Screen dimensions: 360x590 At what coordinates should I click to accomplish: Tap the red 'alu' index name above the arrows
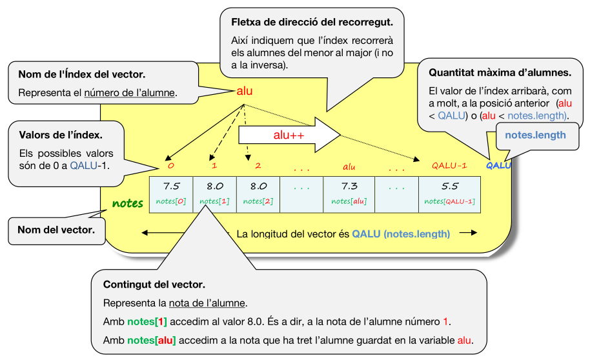(245, 91)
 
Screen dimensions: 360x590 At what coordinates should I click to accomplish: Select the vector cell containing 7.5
(171, 194)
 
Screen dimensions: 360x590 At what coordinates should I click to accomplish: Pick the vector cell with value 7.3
(349, 194)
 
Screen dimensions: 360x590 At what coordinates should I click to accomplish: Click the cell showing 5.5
(449, 194)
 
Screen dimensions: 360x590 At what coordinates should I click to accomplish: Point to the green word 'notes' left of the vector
(128, 203)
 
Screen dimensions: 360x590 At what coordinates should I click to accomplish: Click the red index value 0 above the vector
(171, 166)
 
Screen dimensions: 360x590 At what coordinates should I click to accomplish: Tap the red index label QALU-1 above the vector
(449, 166)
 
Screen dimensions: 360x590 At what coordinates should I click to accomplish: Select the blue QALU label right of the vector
(498, 165)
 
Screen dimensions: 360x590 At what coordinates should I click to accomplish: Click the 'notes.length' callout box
(535, 135)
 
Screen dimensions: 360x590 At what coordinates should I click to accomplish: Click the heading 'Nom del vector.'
(57, 229)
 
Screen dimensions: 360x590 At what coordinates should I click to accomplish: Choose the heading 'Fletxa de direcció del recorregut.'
(312, 22)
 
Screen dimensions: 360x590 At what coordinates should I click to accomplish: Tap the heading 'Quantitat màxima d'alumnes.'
(500, 72)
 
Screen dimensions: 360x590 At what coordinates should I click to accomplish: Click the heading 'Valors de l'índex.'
(61, 135)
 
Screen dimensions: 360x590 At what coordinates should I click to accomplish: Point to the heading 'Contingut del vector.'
(154, 285)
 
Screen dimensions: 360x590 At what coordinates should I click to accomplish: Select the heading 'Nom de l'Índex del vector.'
(81, 74)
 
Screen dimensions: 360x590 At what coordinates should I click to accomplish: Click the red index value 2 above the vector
(258, 166)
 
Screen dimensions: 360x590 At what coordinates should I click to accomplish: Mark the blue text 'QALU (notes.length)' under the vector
(401, 234)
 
